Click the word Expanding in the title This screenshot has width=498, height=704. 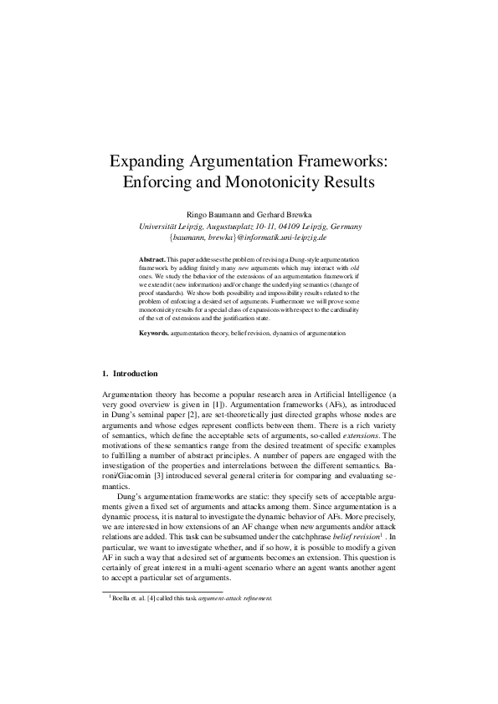pos(156,158)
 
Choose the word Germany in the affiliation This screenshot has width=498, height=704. pos(344,226)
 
